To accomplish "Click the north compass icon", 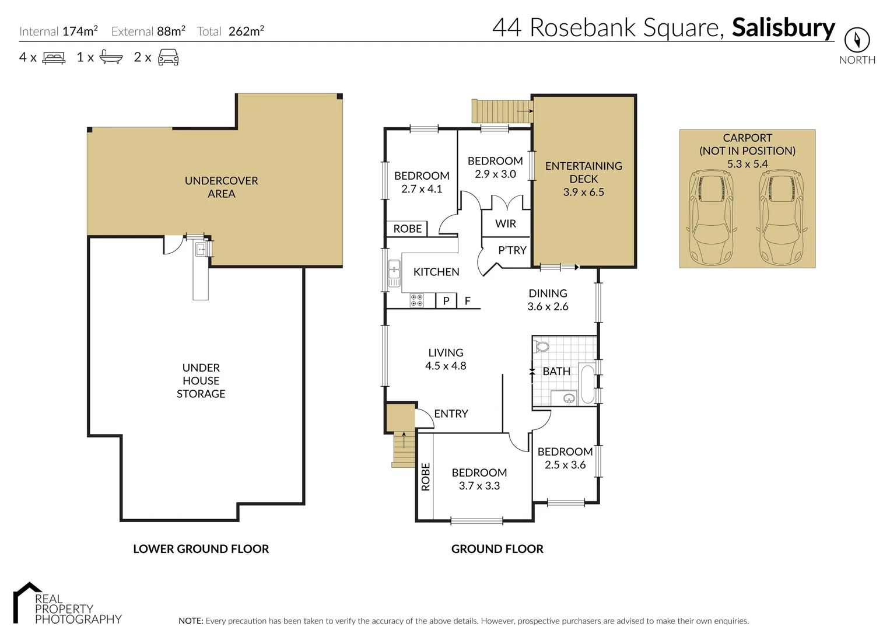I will [857, 40].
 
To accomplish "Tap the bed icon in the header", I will [54, 57].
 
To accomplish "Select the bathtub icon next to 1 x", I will [111, 57].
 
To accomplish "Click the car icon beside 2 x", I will [169, 57].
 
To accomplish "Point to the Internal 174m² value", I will [80, 31].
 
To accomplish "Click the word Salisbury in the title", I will [783, 27].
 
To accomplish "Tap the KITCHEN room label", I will [436, 272].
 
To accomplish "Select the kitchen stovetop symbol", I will [416, 300].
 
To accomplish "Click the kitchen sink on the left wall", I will [394, 273].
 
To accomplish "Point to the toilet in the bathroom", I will [542, 346].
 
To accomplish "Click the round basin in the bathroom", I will [569, 398].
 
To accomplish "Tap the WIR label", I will [505, 224].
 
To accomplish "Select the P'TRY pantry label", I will [512, 250].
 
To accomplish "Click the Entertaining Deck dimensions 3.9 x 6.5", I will [583, 192].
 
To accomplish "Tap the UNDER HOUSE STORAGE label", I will [201, 380].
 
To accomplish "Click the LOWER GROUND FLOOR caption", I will [201, 549].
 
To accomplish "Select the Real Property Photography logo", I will [67, 604].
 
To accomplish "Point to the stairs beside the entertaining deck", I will [502, 111].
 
